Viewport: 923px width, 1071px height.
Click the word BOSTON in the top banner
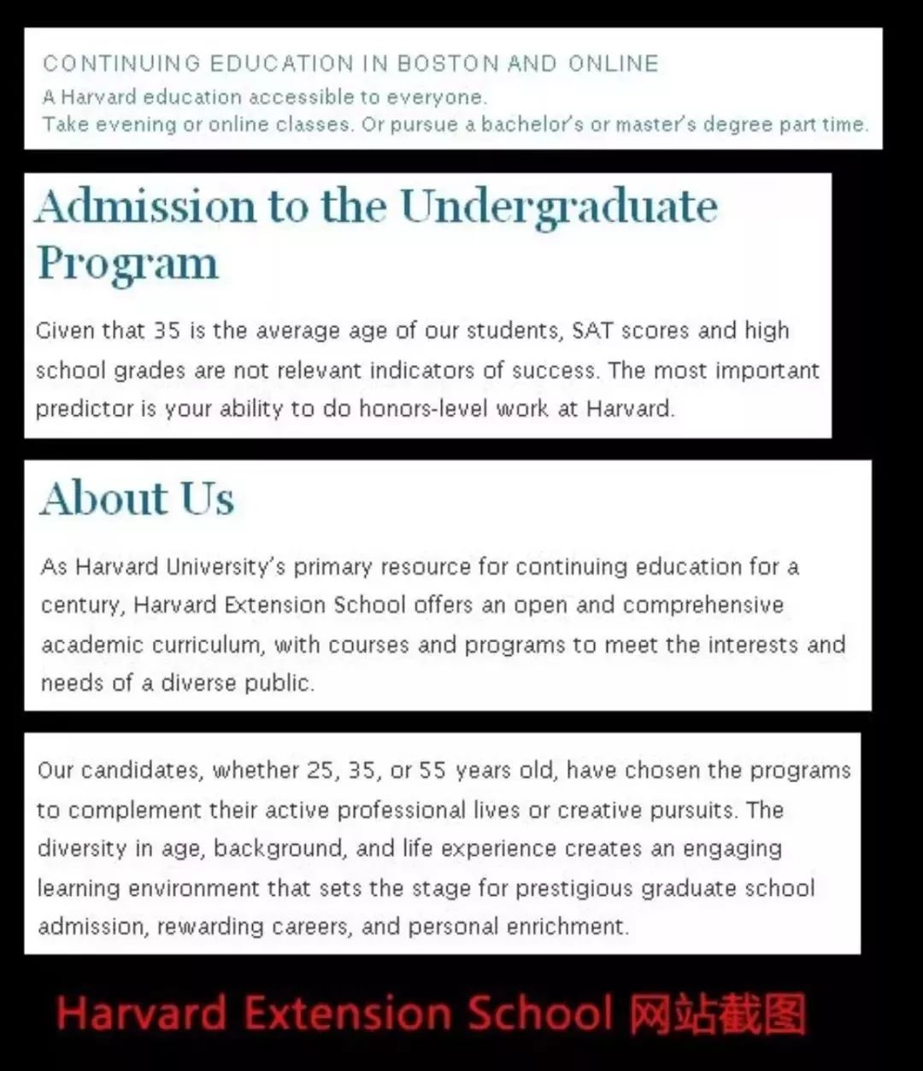coord(447,64)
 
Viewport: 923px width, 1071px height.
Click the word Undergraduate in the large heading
coord(559,208)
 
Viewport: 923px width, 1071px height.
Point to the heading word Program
coord(128,264)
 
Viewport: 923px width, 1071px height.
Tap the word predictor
coord(83,409)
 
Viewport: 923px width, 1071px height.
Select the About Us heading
coord(137,499)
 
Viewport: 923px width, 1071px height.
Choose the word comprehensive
coord(703,606)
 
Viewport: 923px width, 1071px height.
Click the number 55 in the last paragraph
coord(432,771)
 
